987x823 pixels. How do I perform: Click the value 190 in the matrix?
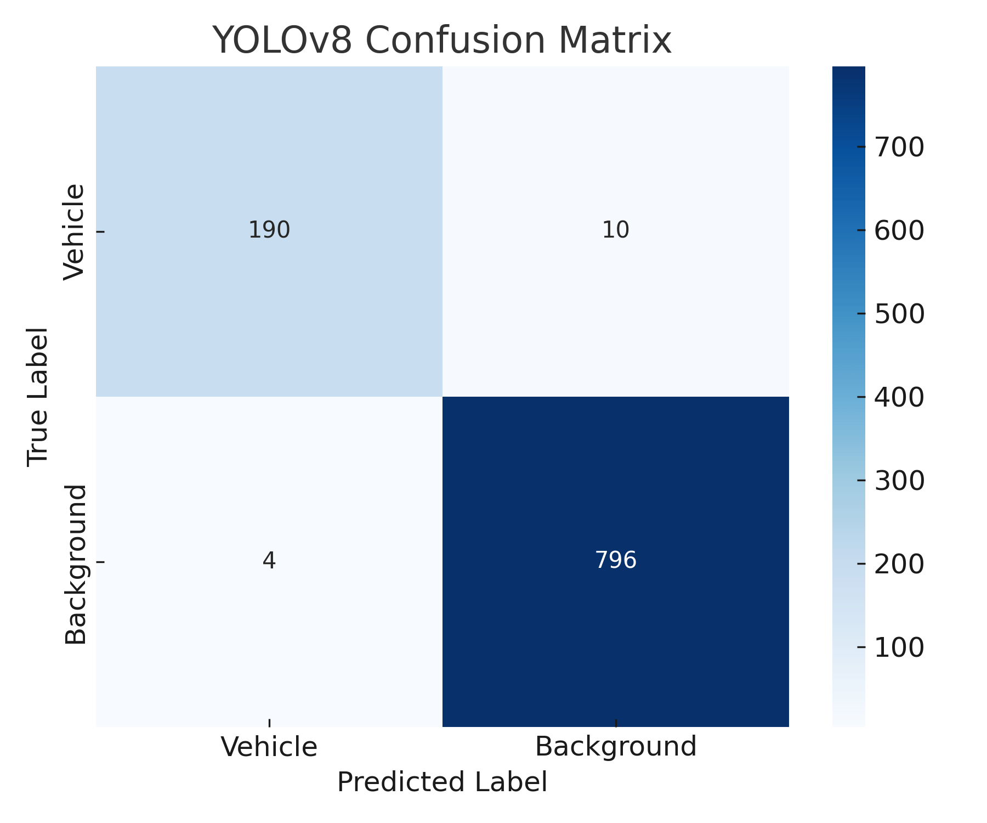tap(269, 230)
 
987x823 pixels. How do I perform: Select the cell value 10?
tap(615, 230)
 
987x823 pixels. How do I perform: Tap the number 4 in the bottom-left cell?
tap(269, 561)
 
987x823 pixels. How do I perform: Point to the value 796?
tap(615, 561)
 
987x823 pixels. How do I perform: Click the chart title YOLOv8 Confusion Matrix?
tap(442, 41)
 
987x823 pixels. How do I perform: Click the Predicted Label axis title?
tap(442, 782)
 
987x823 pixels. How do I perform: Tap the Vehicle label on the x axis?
tap(269, 747)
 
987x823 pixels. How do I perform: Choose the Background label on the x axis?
tap(615, 747)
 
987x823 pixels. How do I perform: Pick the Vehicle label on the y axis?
tap(75, 232)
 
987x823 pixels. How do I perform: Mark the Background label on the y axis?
tap(76, 564)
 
